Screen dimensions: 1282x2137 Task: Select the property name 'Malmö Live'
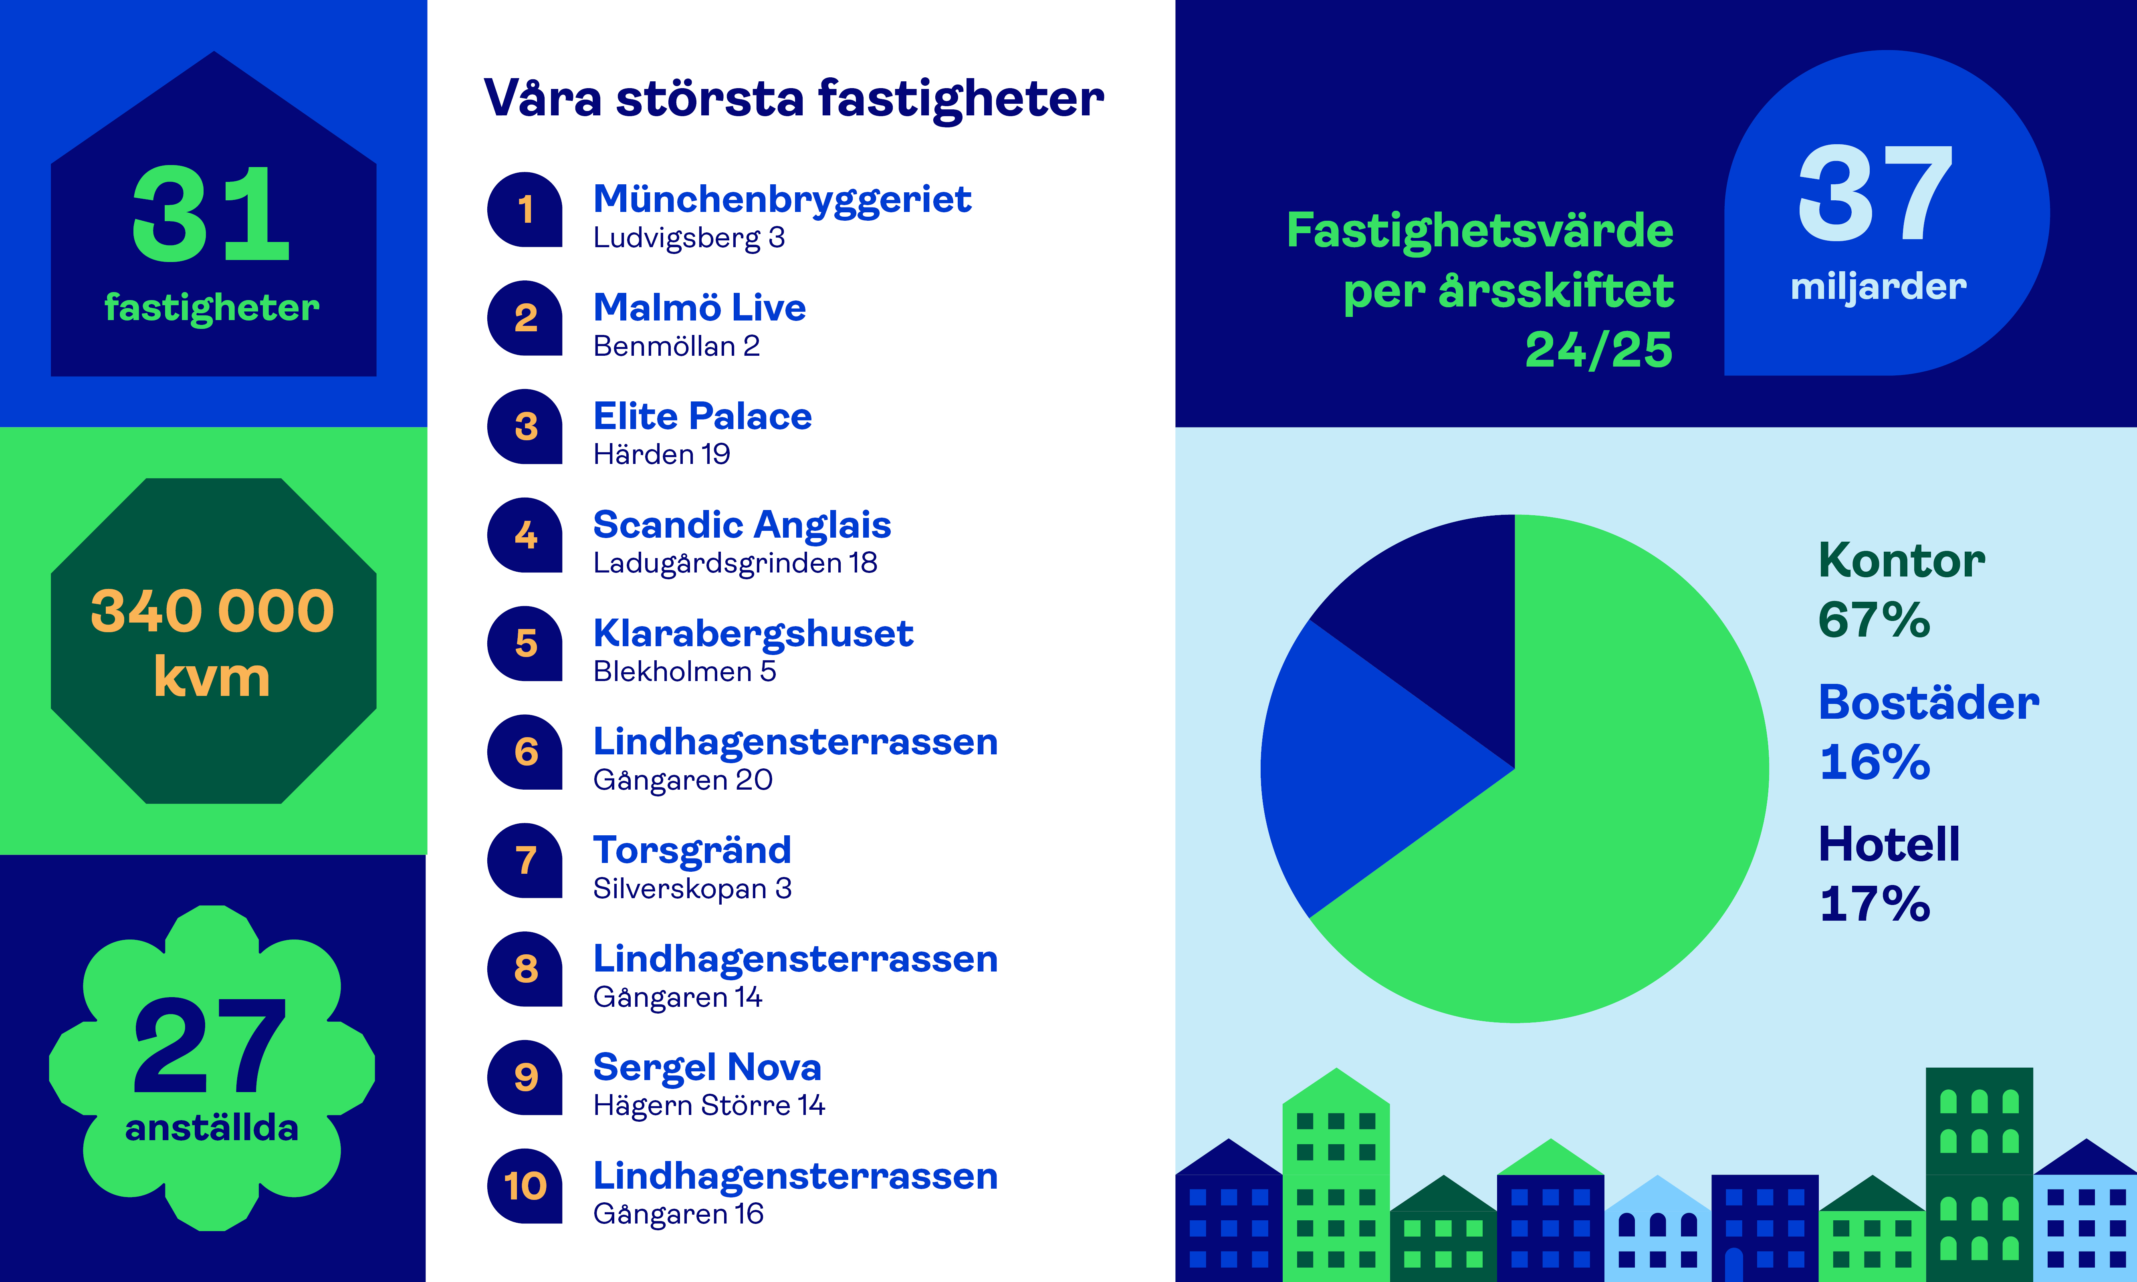pyautogui.click(x=699, y=308)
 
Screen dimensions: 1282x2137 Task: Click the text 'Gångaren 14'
pyautogui.click(x=677, y=998)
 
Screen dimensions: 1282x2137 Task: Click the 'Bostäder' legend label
pyautogui.click(x=1928, y=702)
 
